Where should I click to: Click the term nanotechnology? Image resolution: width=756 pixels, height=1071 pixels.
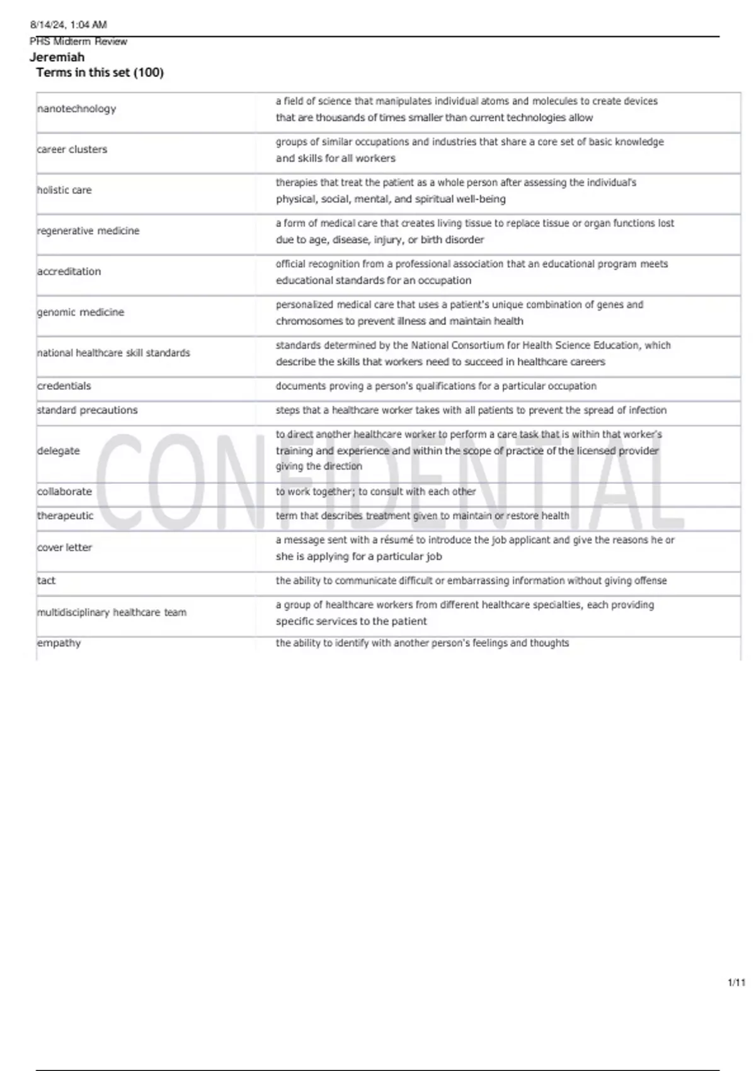tap(77, 109)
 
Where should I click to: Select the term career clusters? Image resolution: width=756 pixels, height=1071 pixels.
tap(72, 150)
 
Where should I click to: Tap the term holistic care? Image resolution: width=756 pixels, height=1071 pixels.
tap(64, 190)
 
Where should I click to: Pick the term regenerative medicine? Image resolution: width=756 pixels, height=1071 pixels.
tap(88, 231)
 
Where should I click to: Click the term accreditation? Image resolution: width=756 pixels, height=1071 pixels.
tap(69, 272)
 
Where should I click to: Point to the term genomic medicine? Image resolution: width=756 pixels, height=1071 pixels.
tap(81, 312)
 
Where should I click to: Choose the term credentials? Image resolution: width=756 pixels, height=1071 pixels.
tap(64, 386)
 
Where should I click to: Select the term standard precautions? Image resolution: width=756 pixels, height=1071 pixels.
tap(88, 410)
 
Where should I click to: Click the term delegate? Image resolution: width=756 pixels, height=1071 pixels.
tap(59, 451)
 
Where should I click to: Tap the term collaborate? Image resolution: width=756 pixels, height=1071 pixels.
tap(65, 491)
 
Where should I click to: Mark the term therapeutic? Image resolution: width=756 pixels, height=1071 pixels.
tap(66, 516)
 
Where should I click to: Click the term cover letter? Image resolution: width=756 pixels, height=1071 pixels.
tap(65, 548)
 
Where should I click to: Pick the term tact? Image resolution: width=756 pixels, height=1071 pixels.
tap(47, 581)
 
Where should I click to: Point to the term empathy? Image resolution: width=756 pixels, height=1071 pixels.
tap(59, 643)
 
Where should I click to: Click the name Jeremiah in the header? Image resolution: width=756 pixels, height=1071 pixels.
tap(57, 57)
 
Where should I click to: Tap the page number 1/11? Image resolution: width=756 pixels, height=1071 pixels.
tap(736, 983)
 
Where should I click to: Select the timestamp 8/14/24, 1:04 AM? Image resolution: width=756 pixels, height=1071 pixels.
tap(69, 25)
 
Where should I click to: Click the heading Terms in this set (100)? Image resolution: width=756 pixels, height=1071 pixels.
tap(100, 72)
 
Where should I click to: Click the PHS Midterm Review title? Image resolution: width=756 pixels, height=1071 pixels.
tap(79, 42)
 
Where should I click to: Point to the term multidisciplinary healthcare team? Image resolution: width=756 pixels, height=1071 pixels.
tap(112, 612)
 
